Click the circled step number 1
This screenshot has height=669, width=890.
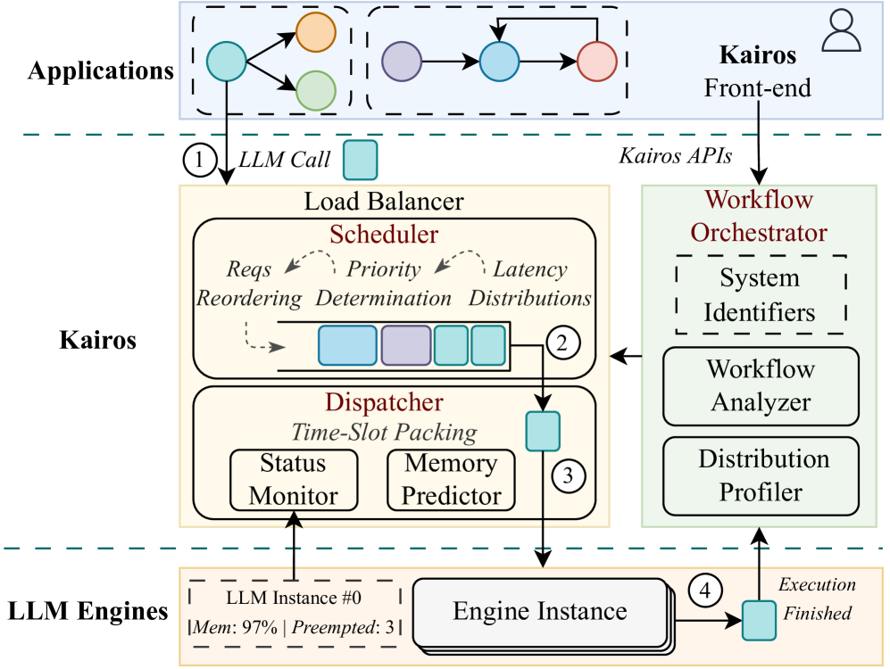200,161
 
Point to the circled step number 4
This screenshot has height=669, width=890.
705,588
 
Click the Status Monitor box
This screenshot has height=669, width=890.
294,481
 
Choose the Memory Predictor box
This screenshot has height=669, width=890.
451,479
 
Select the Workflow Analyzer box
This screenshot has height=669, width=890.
761,385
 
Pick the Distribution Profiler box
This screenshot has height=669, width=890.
761,475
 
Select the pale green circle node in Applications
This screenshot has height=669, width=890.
315,90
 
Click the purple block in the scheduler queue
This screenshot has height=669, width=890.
406,344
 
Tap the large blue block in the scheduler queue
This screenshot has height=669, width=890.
347,344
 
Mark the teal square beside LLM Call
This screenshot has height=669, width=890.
362,159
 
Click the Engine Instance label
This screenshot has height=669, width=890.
540,612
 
